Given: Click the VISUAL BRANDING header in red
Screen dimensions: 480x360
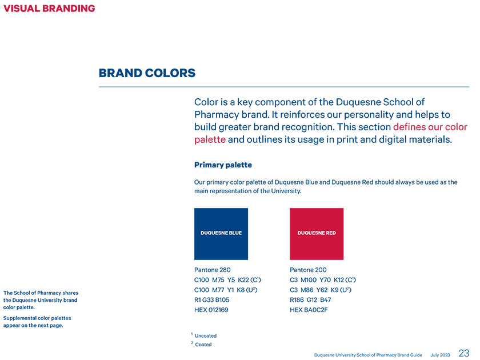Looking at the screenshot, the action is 49,8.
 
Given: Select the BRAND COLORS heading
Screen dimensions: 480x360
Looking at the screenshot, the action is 147,73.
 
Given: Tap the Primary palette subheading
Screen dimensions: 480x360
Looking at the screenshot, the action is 223,165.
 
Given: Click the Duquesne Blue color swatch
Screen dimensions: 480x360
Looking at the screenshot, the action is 221,234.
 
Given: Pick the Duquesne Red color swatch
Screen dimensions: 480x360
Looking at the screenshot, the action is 317,234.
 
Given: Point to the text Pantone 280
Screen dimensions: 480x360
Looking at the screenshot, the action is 213,270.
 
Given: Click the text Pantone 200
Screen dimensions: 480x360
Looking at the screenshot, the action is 308,270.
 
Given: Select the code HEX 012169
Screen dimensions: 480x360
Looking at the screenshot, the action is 211,310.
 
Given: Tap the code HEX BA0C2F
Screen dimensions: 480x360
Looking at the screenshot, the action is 309,310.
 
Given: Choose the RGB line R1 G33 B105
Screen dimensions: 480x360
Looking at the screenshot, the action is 212,300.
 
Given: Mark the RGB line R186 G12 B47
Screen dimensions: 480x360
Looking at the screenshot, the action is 310,300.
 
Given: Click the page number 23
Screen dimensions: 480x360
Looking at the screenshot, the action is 464,353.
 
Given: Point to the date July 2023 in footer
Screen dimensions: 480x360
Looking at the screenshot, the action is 440,355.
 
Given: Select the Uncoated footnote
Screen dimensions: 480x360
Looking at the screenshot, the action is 204,335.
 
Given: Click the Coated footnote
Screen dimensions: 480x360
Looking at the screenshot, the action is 201,345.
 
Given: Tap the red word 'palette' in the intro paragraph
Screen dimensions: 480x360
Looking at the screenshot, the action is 210,140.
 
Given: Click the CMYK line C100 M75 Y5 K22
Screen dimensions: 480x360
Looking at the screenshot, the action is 228,280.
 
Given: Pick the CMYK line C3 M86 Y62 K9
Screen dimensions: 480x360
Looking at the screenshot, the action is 321,290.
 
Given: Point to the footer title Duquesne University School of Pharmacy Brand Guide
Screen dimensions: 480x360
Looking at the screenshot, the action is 368,355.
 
